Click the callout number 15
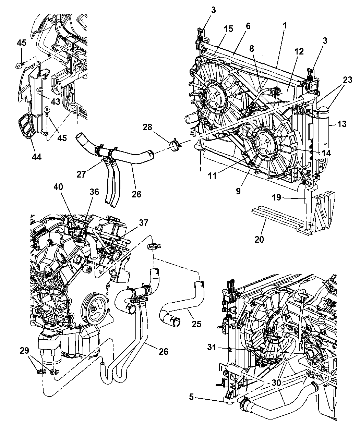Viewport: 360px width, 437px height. (228, 29)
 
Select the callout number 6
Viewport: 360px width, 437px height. (248, 26)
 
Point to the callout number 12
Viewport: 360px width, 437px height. (299, 51)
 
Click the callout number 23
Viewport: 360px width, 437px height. (347, 80)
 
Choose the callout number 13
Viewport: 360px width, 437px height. (341, 124)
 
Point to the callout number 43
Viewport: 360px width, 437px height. (56, 102)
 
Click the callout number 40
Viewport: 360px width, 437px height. (58, 187)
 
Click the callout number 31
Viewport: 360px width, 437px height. (212, 347)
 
